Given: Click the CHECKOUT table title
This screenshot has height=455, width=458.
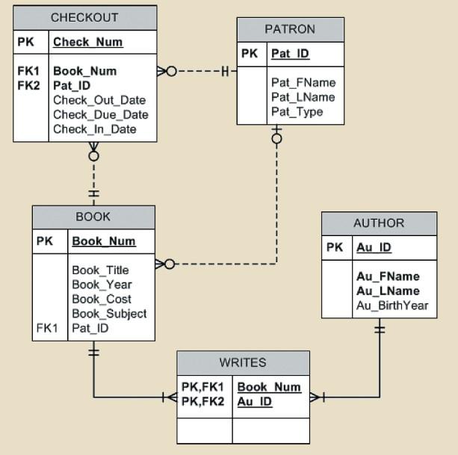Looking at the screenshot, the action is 84,17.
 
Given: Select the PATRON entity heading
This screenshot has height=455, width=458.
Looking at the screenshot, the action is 290,29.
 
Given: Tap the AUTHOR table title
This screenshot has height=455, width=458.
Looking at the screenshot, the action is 379,223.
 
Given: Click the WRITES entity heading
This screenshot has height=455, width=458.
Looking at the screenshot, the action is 243,362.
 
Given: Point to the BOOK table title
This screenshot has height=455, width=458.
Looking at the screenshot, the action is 93,217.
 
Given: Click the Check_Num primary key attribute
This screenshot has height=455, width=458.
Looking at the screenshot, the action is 88,42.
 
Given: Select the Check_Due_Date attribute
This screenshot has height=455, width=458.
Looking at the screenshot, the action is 101,115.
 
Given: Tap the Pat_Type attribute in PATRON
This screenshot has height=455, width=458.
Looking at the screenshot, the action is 297,112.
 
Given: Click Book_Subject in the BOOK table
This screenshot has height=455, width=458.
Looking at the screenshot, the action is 109,314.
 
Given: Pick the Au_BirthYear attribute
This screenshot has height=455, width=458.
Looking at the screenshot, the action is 392,306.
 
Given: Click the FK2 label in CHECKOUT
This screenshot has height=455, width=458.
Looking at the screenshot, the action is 28,86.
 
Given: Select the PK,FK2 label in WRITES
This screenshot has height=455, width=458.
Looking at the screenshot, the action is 202,401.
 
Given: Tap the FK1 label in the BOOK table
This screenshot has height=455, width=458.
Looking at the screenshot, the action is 47,328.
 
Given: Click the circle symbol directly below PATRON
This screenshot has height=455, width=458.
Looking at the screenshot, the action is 276,139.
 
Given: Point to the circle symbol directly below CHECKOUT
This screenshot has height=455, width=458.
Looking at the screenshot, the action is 93,156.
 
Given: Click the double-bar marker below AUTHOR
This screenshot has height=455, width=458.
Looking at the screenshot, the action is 380,329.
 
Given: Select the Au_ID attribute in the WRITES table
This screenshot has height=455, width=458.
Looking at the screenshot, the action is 255,401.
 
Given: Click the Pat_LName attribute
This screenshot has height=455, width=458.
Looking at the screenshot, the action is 303,97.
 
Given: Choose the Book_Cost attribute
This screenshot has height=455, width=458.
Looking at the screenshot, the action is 102,300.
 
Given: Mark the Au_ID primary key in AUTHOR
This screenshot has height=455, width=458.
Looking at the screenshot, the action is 374,247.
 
